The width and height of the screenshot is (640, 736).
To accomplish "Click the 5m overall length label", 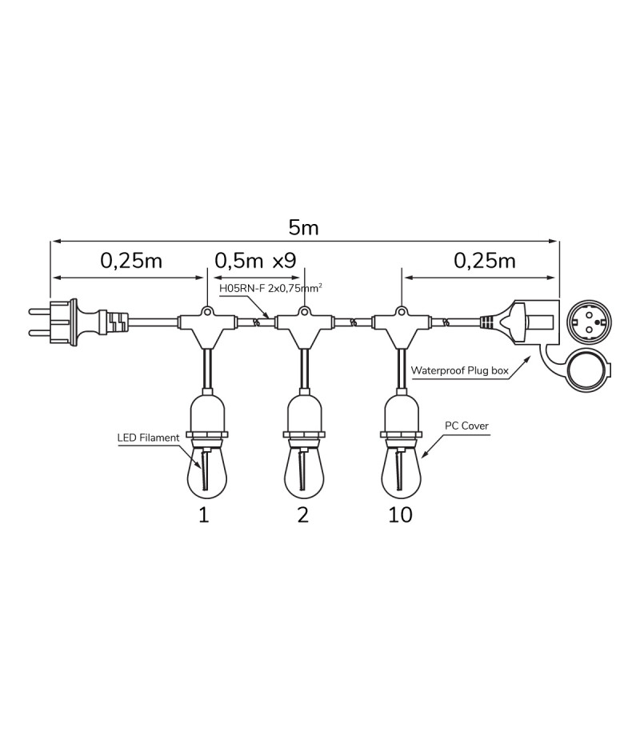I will [304, 227].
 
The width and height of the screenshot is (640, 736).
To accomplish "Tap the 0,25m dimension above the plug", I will [131, 261].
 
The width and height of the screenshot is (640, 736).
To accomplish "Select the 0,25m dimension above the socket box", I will [485, 261].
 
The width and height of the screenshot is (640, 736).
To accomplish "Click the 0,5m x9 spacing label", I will [255, 261].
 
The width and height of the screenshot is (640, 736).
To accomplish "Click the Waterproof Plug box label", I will [459, 370].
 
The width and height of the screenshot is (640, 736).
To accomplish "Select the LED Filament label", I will [148, 438].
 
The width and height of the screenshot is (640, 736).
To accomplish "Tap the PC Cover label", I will [466, 426].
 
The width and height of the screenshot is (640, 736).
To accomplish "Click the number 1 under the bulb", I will [203, 514].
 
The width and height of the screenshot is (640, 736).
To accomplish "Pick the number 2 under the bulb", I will [302, 514].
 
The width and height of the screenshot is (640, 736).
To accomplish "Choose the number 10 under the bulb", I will [400, 514].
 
